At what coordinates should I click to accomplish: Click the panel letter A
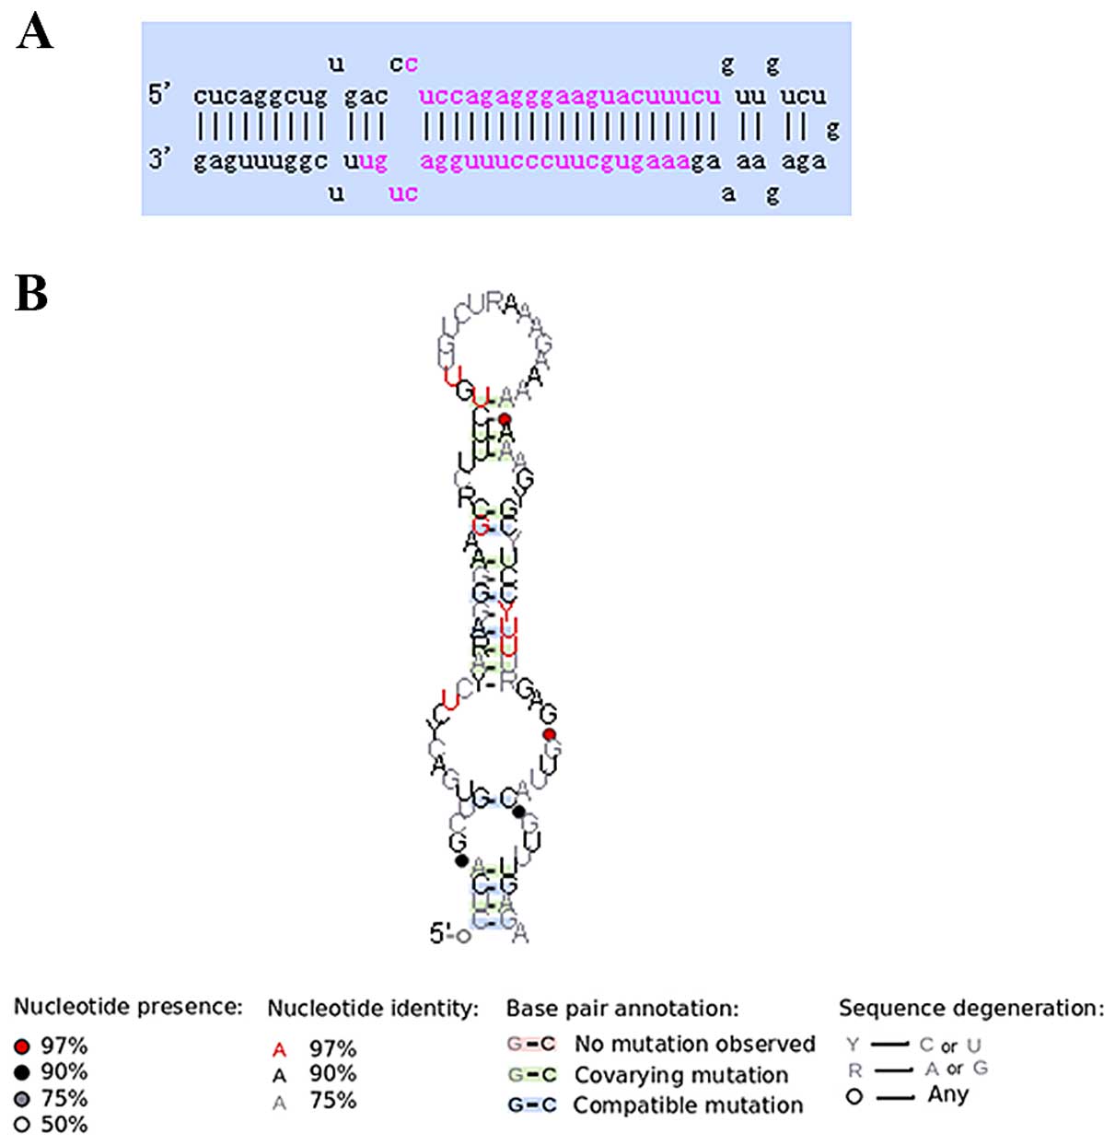click(35, 32)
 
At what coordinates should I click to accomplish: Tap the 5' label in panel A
click(160, 94)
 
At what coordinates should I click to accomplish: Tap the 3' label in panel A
click(160, 159)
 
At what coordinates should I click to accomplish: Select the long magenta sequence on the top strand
click(569, 96)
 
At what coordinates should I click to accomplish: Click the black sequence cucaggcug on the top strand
click(260, 96)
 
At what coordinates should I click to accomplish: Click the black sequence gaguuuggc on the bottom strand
click(260, 161)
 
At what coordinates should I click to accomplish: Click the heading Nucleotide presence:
click(128, 1006)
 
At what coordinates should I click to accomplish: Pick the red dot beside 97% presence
click(22, 1046)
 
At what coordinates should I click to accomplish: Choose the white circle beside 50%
click(22, 1125)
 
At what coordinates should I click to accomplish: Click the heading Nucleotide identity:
click(373, 1009)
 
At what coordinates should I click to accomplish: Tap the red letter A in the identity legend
click(280, 1049)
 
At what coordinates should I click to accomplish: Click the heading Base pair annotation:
click(621, 1009)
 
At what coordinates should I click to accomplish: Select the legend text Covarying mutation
click(680, 1075)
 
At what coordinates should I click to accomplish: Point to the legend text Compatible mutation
click(687, 1104)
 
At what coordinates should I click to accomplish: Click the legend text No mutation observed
click(694, 1044)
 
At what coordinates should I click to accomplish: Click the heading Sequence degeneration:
click(970, 1009)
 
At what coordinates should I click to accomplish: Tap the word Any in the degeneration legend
click(947, 1095)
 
